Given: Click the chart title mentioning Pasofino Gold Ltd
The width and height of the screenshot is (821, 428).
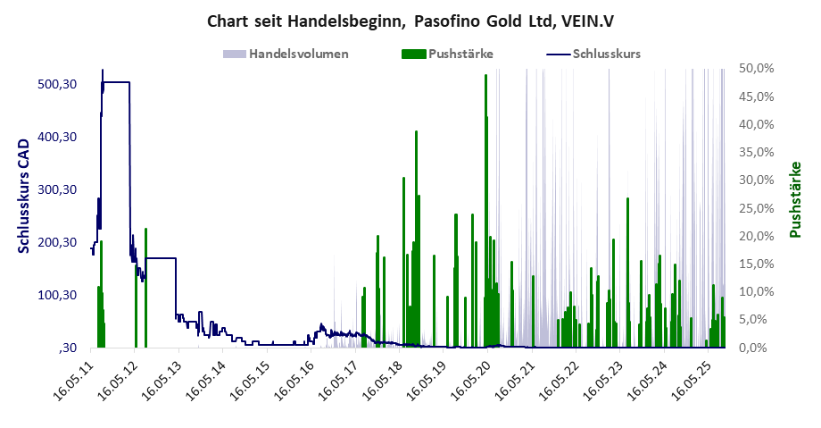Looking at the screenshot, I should (410, 20).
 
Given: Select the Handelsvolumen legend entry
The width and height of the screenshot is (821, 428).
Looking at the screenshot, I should (298, 54).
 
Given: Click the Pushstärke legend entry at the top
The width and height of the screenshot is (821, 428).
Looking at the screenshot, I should (460, 54).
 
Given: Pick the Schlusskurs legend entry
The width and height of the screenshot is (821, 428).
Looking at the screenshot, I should (606, 54).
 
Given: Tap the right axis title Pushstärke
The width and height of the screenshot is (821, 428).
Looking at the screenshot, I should (793, 199).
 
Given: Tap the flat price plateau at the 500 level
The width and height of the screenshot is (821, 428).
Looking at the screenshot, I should (116, 82).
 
